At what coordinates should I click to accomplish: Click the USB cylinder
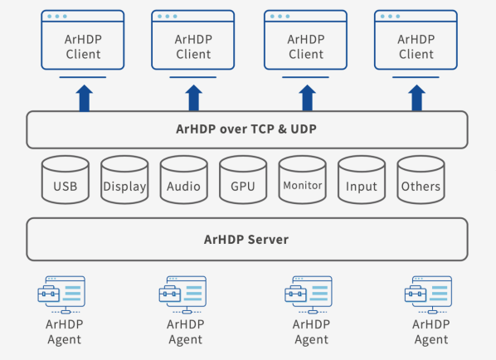pyautogui.click(x=66, y=180)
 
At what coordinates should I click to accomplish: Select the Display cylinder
pyautogui.click(x=124, y=180)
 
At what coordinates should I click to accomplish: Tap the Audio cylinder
pyautogui.click(x=184, y=180)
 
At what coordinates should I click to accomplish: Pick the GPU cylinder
pyautogui.click(x=243, y=180)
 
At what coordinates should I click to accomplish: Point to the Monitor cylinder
pyautogui.click(x=303, y=180)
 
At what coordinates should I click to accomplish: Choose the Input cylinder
pyautogui.click(x=362, y=180)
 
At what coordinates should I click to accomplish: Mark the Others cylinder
pyautogui.click(x=421, y=180)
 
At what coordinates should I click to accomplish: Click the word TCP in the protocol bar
pyautogui.click(x=263, y=129)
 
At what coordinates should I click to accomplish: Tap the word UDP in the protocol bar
pyautogui.click(x=304, y=129)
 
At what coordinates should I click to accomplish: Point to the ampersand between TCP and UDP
pyautogui.click(x=283, y=129)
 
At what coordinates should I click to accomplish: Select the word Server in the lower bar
pyautogui.click(x=268, y=240)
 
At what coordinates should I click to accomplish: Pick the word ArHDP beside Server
pyautogui.click(x=224, y=240)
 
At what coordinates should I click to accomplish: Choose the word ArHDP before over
pyautogui.click(x=196, y=129)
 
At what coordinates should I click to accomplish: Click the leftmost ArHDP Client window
pyautogui.click(x=83, y=40)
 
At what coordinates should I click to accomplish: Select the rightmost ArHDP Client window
pyautogui.click(x=416, y=40)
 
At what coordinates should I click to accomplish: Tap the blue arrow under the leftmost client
pyautogui.click(x=84, y=98)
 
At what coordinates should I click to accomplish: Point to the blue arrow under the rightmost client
pyautogui.click(x=416, y=98)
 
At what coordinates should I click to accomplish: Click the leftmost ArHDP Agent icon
pyautogui.click(x=61, y=294)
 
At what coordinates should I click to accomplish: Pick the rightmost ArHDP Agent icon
pyautogui.click(x=428, y=294)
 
